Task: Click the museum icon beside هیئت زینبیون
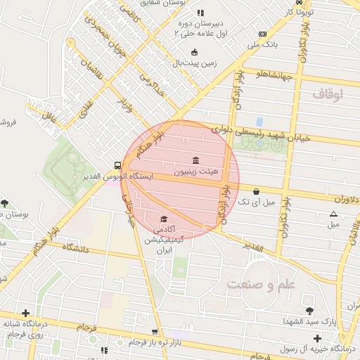click(x=195, y=159)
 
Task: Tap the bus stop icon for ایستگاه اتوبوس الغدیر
click(x=115, y=165)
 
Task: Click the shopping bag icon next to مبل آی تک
click(x=256, y=191)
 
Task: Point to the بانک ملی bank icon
click(x=262, y=34)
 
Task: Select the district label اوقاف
click(x=327, y=93)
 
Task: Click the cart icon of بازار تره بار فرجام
click(x=155, y=332)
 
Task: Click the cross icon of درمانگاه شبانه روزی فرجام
click(x=26, y=313)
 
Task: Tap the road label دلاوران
click(x=343, y=198)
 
